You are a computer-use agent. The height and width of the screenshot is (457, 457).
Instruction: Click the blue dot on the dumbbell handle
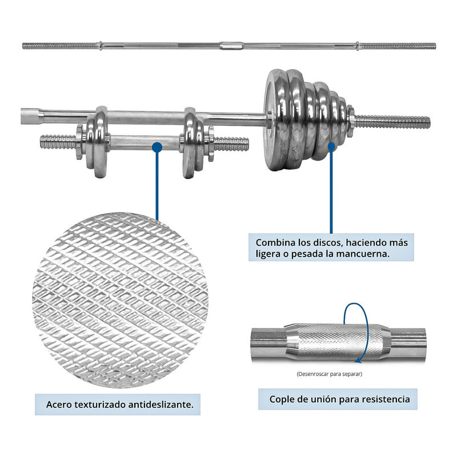click(x=157, y=147)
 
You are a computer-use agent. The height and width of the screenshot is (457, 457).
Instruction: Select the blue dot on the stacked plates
click(x=331, y=147)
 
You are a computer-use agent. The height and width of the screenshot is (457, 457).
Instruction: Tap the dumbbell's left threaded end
click(x=57, y=141)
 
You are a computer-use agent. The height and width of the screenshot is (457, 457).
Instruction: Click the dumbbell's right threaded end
click(x=231, y=143)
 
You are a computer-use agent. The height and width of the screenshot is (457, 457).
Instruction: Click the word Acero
click(x=60, y=405)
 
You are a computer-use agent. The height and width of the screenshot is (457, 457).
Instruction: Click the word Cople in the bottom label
click(x=282, y=399)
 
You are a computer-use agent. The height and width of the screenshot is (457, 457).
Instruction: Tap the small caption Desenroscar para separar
click(x=330, y=374)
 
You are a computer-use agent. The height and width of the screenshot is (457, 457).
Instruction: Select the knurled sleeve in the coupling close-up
click(x=337, y=340)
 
